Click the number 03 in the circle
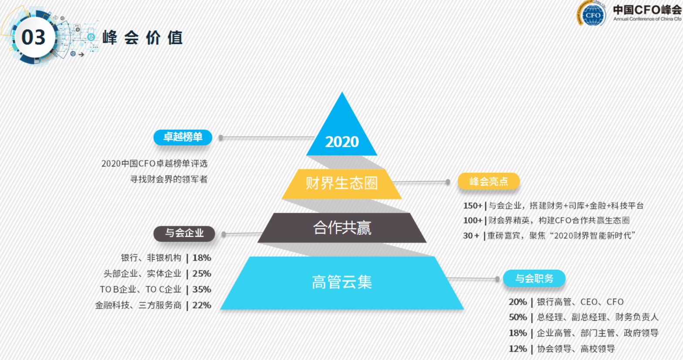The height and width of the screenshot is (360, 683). click(34, 37)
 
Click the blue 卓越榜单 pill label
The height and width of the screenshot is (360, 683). click(183, 137)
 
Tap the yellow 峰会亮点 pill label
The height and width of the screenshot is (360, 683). click(489, 182)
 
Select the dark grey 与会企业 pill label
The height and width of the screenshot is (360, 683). click(184, 233)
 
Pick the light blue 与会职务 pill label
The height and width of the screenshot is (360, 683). click(534, 278)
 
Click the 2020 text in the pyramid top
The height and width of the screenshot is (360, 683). click(342, 142)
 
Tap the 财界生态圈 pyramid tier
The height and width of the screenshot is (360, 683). click(341, 183)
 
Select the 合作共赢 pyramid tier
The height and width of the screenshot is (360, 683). click(342, 228)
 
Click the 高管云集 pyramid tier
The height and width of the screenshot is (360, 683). click(342, 282)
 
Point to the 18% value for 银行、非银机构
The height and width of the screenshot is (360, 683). click(202, 258)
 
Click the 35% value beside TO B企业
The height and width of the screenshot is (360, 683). click(202, 289)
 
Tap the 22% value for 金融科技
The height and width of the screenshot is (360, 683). click(202, 305)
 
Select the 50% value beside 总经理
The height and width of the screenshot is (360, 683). click(517, 317)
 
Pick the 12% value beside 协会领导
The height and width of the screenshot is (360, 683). click(517, 349)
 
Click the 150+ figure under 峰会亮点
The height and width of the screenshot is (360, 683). click(473, 206)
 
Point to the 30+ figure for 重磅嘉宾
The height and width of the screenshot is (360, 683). click(471, 236)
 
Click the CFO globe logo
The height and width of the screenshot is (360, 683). click(593, 14)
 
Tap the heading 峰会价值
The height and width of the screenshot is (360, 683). click(142, 38)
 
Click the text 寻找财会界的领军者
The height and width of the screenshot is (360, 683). click(169, 179)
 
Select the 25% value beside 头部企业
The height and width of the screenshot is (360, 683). click(202, 274)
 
